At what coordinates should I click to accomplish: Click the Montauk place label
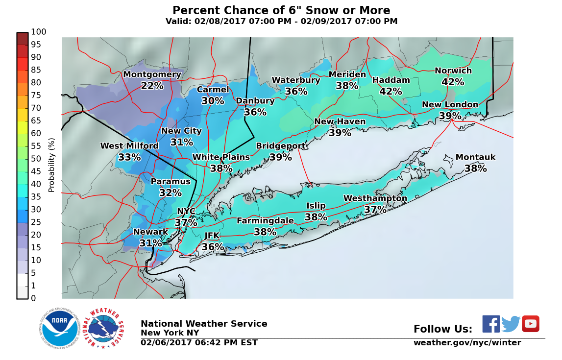pyautogui.click(x=475, y=157)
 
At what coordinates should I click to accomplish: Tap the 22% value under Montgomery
pyautogui.click(x=152, y=86)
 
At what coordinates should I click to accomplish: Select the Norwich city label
pyautogui.click(x=453, y=71)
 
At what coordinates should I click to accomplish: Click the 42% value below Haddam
pyautogui.click(x=391, y=92)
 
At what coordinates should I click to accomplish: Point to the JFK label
pyautogui.click(x=212, y=236)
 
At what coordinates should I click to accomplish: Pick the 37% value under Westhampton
pyautogui.click(x=375, y=210)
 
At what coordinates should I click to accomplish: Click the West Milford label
pyautogui.click(x=129, y=146)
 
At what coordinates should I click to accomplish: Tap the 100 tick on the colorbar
pyautogui.click(x=39, y=32)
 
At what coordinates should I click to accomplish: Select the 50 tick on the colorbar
pyautogui.click(x=36, y=159)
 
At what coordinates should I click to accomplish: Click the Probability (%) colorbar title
pyautogui.click(x=51, y=165)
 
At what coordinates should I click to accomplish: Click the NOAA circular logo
pyautogui.click(x=59, y=328)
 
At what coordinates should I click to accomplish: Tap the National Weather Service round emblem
pyautogui.click(x=103, y=328)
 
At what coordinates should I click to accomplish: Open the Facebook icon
pyautogui.click(x=491, y=324)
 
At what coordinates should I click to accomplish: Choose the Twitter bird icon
pyautogui.click(x=511, y=324)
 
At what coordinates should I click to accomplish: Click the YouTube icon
pyautogui.click(x=530, y=324)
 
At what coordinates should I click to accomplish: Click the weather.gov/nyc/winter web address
pyautogui.click(x=467, y=343)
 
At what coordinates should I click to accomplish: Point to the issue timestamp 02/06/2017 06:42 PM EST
pyautogui.click(x=199, y=343)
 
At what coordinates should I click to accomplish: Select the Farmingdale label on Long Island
pyautogui.click(x=265, y=221)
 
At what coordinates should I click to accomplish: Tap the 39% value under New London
pyautogui.click(x=450, y=116)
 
